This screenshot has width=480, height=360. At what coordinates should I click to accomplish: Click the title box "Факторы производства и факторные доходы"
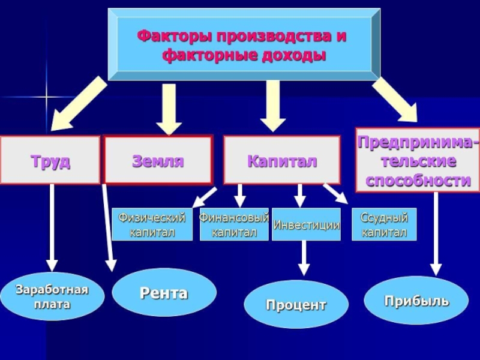pos(244,44)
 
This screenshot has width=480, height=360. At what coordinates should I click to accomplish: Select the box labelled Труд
pos(50,160)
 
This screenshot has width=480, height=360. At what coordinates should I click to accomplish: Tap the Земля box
pos(158,160)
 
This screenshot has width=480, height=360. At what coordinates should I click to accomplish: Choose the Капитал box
pos(282,160)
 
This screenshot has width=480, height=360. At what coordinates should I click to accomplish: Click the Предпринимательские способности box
pos(418,160)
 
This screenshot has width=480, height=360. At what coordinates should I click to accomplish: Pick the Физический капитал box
pos(152,224)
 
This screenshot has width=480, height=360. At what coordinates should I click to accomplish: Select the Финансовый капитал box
pos(234,224)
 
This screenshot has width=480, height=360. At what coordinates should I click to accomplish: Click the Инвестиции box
pos(306,224)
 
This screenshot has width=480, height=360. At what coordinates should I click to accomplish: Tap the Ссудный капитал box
pos(384,224)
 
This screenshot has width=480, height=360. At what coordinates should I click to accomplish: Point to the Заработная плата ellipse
pos(52,296)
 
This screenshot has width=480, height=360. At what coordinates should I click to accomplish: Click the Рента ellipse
pos(164,293)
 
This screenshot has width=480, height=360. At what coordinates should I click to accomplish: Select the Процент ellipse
pos(296,304)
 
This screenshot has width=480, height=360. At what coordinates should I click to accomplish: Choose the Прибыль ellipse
pos(416,301)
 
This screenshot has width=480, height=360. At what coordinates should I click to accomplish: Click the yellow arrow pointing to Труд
pos(77,104)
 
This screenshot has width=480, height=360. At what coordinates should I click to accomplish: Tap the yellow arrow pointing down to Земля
pos(169,109)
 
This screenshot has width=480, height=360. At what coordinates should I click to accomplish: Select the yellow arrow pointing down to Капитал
pos(273,106)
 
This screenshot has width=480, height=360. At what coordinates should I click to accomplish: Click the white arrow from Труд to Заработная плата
pos(52,227)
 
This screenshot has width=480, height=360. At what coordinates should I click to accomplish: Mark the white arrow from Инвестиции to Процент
pos(304,258)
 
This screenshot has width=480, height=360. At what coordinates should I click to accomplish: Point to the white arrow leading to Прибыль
pos(436,234)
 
